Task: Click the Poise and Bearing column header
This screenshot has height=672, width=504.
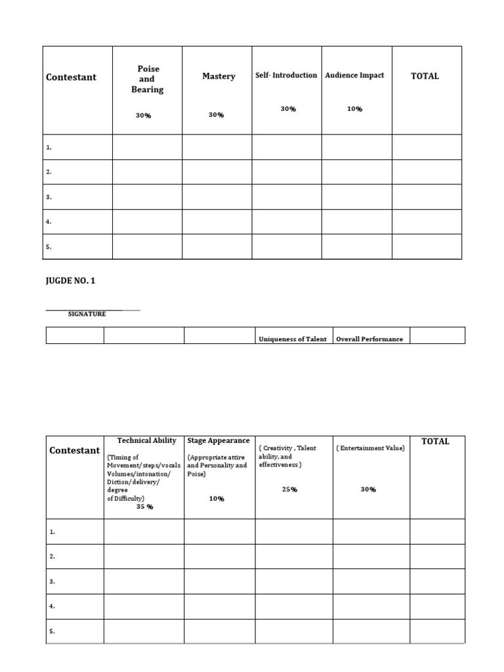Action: [x=147, y=79]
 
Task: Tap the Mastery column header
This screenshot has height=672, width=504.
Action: [x=219, y=77]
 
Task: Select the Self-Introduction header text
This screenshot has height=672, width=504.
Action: [x=286, y=75]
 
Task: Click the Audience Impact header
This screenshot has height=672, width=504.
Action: [x=355, y=75]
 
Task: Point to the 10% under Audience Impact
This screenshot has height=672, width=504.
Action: [x=354, y=109]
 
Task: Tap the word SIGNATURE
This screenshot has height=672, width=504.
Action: [x=87, y=314]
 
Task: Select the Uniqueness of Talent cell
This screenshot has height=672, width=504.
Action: [x=293, y=339]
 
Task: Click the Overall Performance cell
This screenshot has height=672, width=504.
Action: [x=369, y=339]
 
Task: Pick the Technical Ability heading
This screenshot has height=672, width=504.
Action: [x=146, y=440]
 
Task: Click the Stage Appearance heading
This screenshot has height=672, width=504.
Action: [x=219, y=440]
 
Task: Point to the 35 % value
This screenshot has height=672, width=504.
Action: [x=144, y=507]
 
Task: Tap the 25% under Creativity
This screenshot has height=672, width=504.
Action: [x=289, y=490]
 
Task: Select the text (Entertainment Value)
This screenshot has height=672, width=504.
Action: [x=370, y=448]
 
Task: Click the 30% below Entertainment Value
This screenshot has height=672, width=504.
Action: [x=368, y=490]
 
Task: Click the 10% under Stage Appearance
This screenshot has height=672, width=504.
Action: [x=217, y=499]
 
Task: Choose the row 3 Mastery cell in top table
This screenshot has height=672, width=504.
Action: [x=217, y=197]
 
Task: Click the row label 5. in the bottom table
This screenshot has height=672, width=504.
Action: [x=52, y=631]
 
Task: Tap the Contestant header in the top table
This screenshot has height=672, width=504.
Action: [x=71, y=77]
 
